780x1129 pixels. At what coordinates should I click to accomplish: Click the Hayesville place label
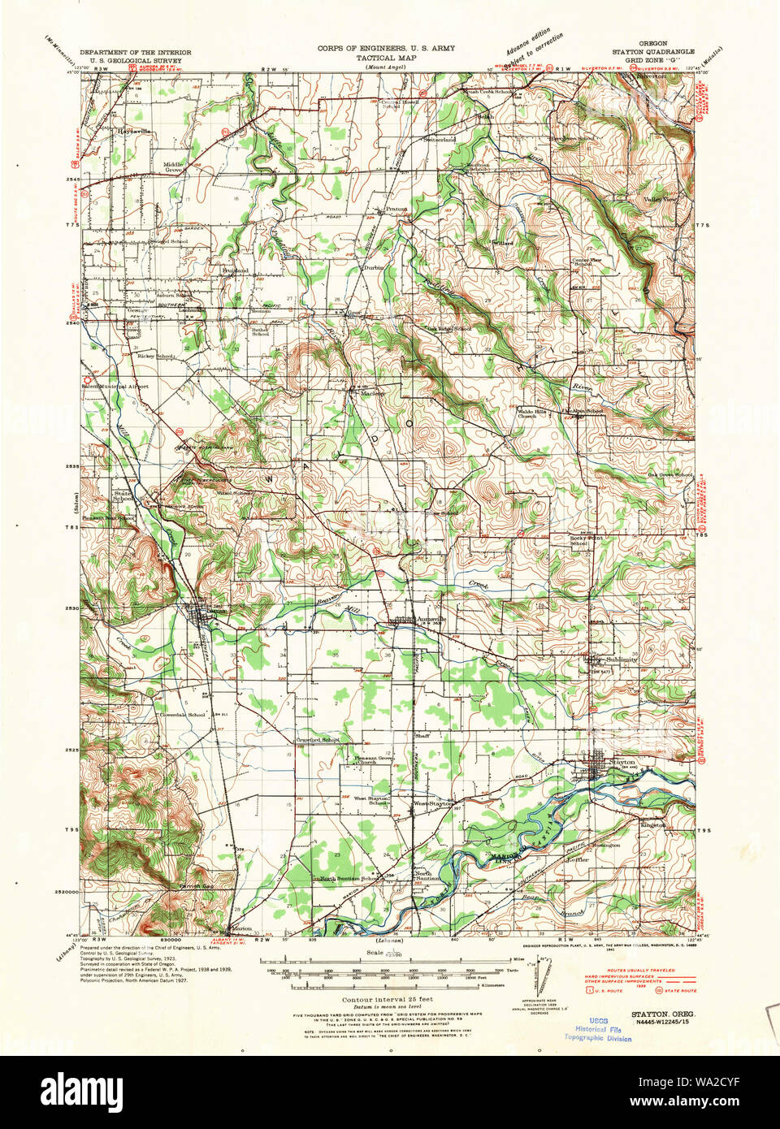point(133,130)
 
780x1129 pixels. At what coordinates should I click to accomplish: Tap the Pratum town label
point(396,209)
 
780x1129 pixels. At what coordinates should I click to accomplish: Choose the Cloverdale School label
point(182,715)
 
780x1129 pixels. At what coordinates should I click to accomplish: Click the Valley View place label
point(660,199)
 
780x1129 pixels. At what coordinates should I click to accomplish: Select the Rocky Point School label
point(586,540)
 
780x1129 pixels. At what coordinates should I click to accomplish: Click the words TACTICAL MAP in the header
point(386,58)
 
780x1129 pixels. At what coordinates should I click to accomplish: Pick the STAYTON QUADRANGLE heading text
point(653,51)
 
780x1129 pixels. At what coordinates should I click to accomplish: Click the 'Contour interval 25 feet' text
point(387,999)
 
